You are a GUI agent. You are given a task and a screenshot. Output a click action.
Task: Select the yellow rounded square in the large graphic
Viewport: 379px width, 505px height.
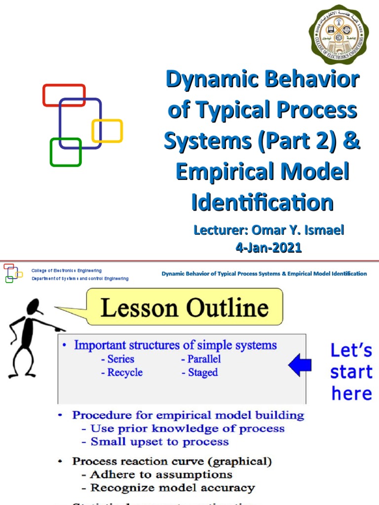click(107, 131)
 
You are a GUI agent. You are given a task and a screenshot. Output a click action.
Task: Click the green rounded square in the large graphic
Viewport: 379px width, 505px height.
click(66, 152)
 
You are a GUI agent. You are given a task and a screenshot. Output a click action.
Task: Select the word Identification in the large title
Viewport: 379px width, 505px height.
click(262, 202)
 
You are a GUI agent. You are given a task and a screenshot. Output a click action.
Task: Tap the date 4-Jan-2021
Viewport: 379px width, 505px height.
click(268, 248)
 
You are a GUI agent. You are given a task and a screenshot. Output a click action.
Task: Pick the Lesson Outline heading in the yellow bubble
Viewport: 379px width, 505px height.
click(185, 308)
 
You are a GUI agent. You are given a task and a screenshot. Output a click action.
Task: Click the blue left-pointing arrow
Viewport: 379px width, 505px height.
click(300, 365)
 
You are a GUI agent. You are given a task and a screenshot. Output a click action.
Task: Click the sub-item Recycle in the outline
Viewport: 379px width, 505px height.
click(122, 372)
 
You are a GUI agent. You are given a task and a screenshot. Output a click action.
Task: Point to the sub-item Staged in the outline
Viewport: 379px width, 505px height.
click(199, 372)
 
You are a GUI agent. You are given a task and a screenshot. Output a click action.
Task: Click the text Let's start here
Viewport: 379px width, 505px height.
click(351, 372)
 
